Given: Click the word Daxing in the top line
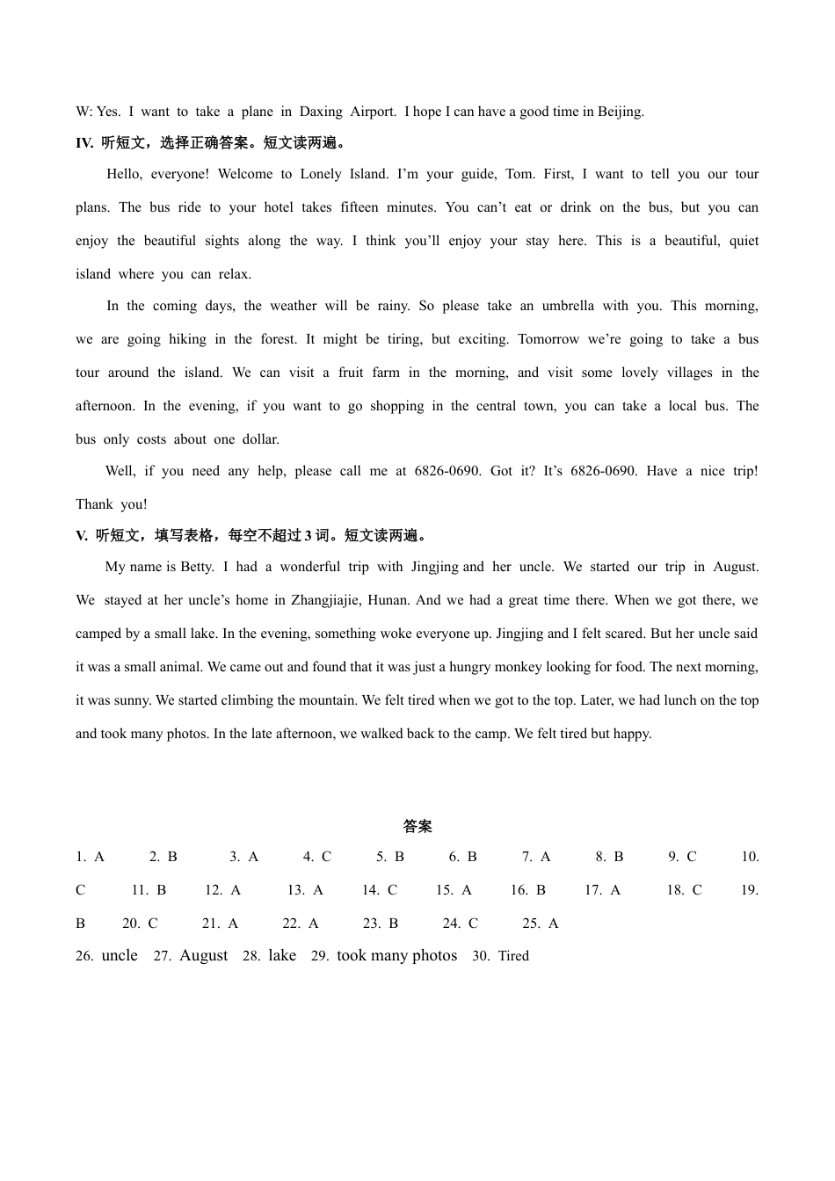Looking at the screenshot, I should tap(321, 112).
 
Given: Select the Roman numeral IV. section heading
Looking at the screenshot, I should tap(84, 142).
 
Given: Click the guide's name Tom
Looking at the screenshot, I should tap(519, 174).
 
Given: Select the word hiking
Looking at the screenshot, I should tap(187, 339).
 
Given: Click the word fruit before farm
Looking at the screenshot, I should tap(351, 373).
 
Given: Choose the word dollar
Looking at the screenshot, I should tap(259, 439).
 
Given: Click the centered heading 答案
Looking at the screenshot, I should tap(417, 826).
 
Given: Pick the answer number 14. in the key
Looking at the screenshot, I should tap(370, 890).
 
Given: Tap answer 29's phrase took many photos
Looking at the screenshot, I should tap(396, 955).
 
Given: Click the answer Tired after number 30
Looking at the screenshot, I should tap(513, 956).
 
